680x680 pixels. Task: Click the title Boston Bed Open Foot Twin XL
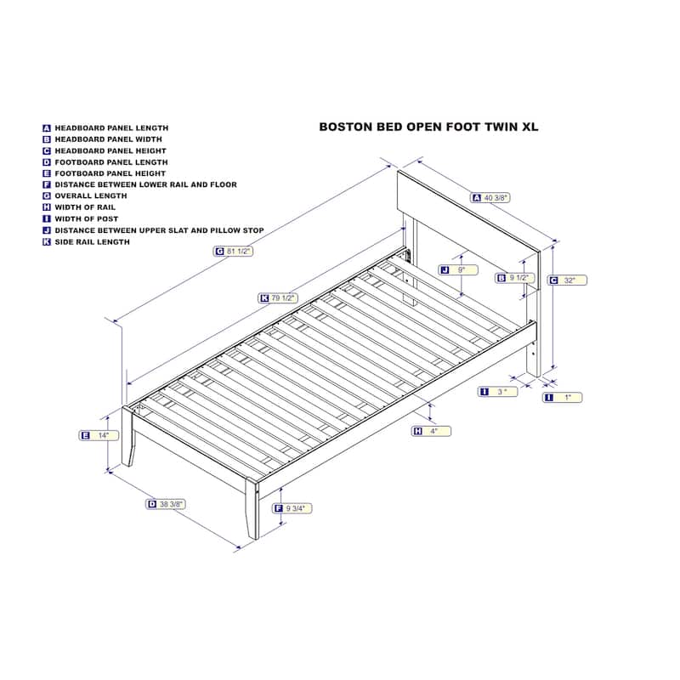428,127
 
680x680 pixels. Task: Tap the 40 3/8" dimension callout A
490,198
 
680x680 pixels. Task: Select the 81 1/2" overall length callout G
233,251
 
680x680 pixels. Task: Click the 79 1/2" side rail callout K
278,298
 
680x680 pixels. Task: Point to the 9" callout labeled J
458,270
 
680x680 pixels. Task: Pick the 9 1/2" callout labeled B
515,278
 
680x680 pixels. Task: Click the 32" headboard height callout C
567,280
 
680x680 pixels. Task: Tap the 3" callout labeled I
498,392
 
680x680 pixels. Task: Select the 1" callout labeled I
563,397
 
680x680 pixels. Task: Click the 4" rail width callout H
432,431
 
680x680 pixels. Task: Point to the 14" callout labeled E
99,435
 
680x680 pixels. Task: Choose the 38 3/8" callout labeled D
166,504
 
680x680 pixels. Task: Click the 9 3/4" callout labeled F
292,508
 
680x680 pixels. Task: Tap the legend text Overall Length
91,196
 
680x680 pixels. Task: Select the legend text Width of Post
87,219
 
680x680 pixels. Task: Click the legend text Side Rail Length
93,242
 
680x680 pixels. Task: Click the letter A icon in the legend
47,128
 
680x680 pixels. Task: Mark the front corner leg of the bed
252,508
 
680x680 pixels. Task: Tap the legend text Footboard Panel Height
110,173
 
